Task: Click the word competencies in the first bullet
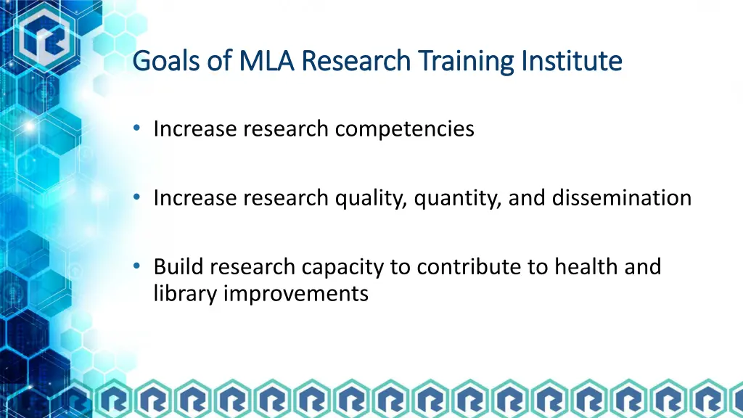405,129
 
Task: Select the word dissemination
622,198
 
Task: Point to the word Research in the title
356,61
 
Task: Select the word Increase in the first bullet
195,129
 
